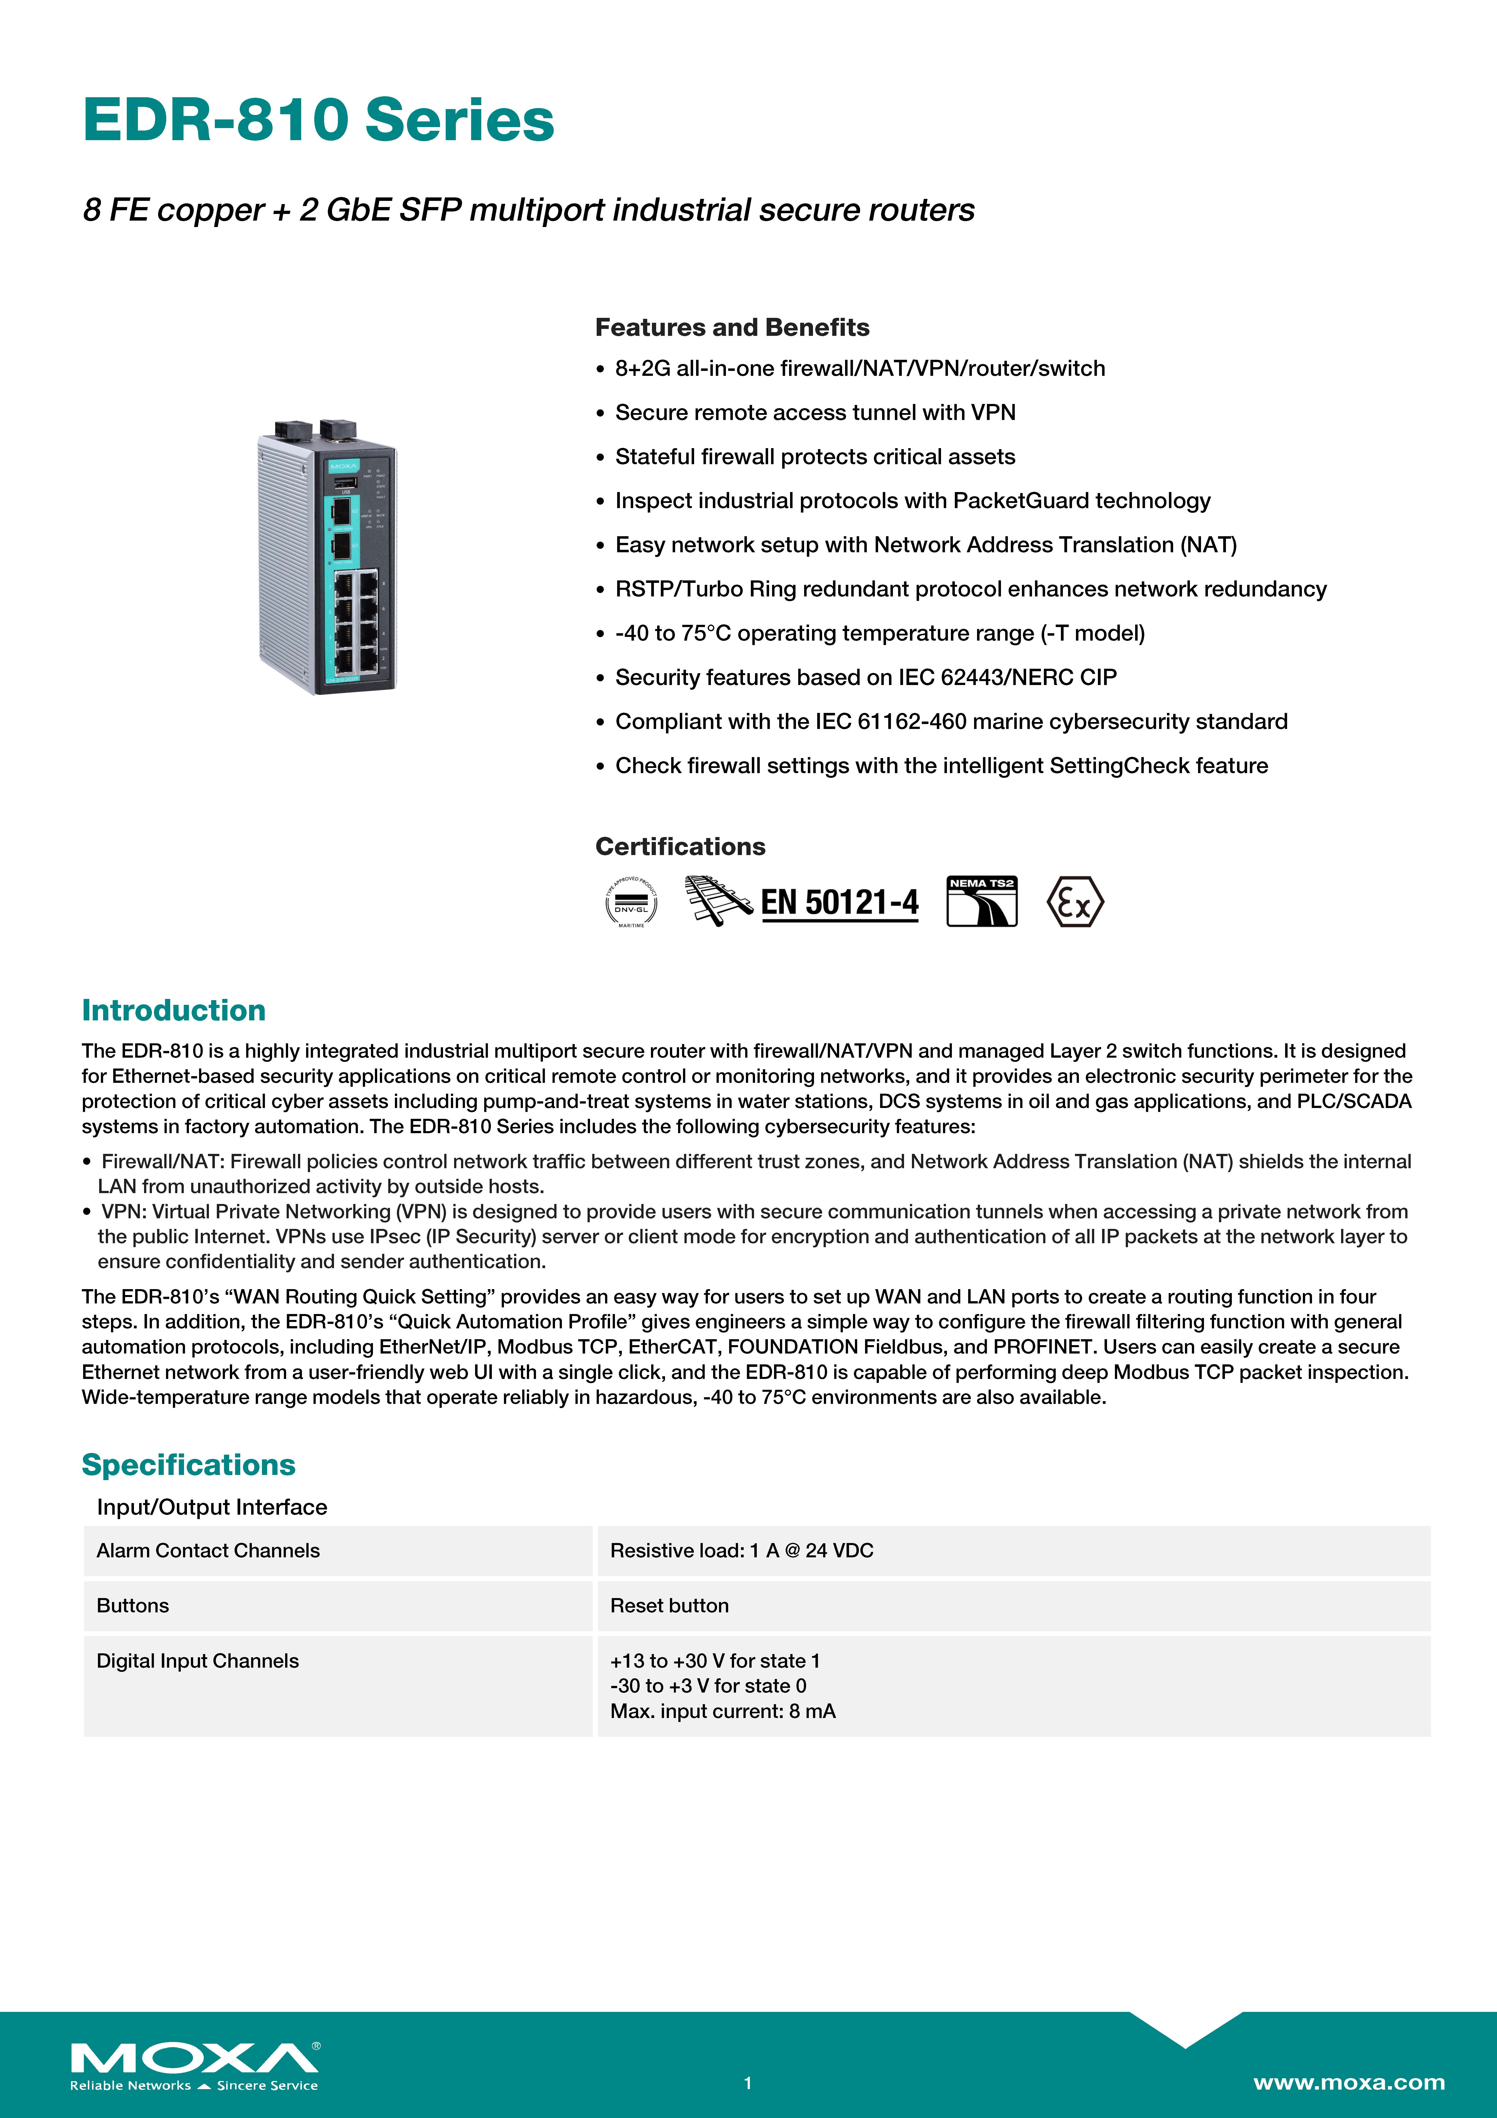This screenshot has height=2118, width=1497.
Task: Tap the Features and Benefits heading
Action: click(731, 327)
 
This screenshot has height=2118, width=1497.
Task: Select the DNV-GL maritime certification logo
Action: click(631, 901)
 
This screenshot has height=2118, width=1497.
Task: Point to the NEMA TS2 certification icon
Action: click(981, 901)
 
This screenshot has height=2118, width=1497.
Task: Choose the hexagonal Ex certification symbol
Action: click(1074, 901)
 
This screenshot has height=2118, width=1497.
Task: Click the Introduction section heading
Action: click(173, 1010)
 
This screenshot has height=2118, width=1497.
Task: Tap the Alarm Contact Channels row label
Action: click(207, 1551)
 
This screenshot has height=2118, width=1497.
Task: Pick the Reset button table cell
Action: click(669, 1606)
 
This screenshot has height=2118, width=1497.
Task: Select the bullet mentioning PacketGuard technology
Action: click(912, 501)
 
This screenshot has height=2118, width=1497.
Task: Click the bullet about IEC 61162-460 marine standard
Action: click(951, 721)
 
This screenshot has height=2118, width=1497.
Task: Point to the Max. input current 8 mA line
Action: click(722, 1711)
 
